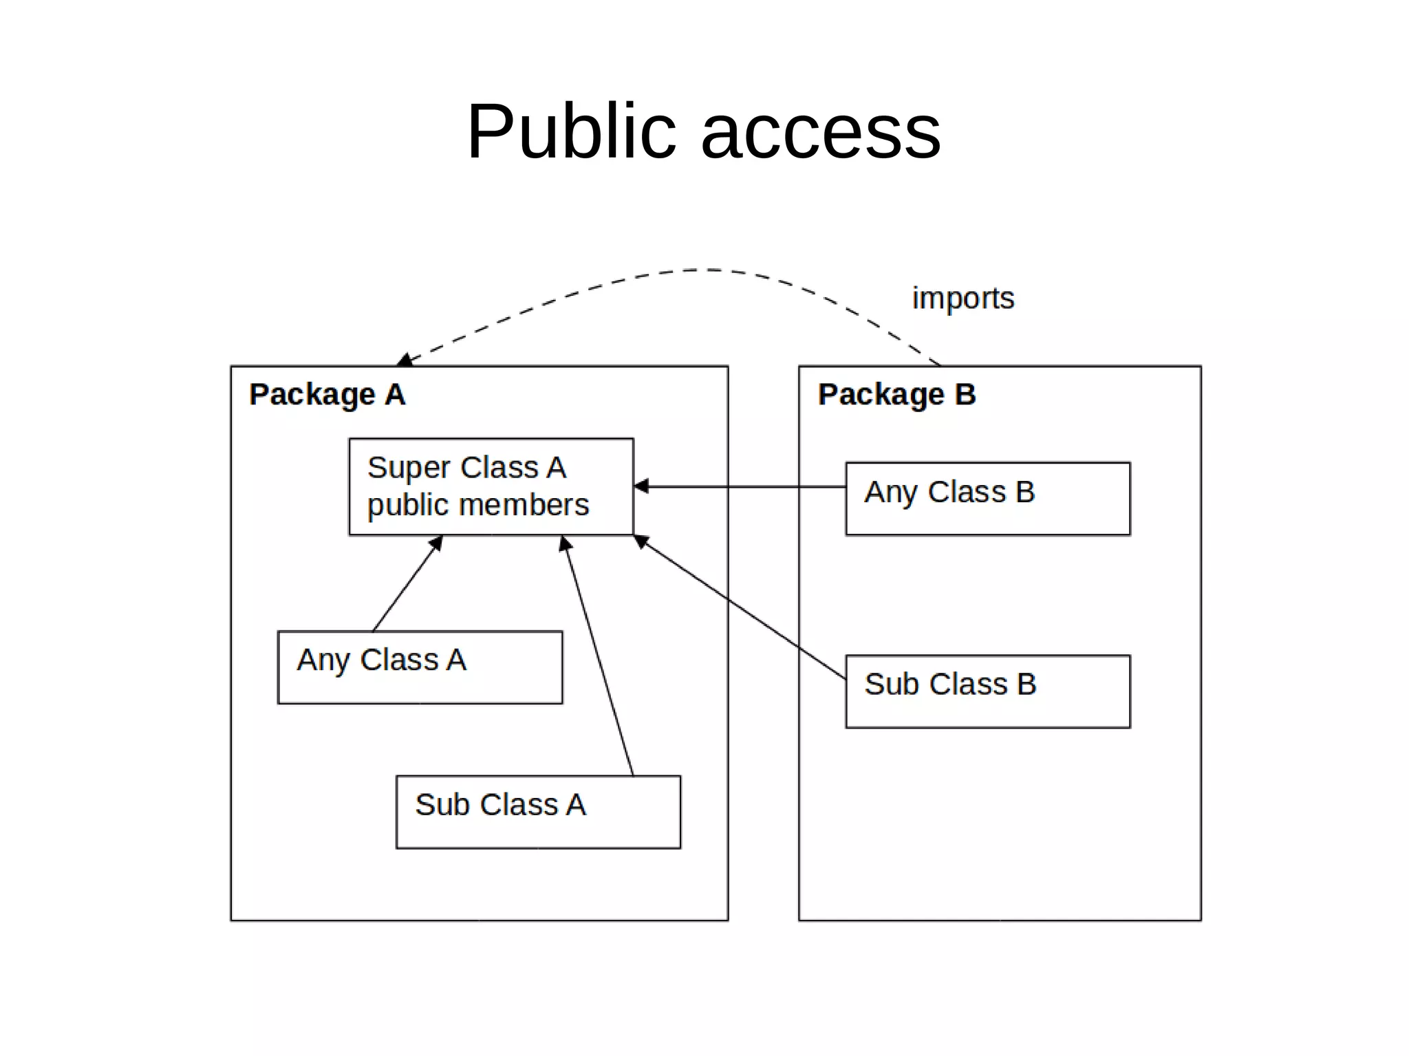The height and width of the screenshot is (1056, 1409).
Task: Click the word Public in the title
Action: pyautogui.click(x=571, y=131)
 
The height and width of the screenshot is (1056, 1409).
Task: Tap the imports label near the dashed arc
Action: pyautogui.click(x=962, y=298)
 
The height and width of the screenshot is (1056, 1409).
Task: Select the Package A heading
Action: pyautogui.click(x=327, y=394)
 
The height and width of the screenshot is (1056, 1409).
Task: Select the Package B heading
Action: pyautogui.click(x=896, y=394)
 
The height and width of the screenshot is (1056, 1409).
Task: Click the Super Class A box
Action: pyautogui.click(x=491, y=486)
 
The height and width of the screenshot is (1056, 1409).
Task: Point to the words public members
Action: pyautogui.click(x=478, y=505)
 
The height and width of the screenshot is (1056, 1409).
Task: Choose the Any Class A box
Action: pyautogui.click(x=420, y=667)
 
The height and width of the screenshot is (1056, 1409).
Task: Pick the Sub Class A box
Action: pyautogui.click(x=538, y=812)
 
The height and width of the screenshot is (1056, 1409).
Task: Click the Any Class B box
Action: pyautogui.click(x=987, y=498)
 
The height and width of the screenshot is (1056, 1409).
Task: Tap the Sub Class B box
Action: pyautogui.click(x=987, y=691)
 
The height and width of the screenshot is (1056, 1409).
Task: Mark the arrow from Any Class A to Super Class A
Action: pyautogui.click(x=406, y=585)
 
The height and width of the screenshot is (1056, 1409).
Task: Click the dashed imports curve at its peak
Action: pyautogui.click(x=709, y=270)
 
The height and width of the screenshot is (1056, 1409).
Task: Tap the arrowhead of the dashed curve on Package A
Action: pyautogui.click(x=405, y=360)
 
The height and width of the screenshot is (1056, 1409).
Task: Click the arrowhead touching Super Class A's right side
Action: pyautogui.click(x=641, y=486)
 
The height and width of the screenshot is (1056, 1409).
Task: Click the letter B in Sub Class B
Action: pyautogui.click(x=1026, y=684)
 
